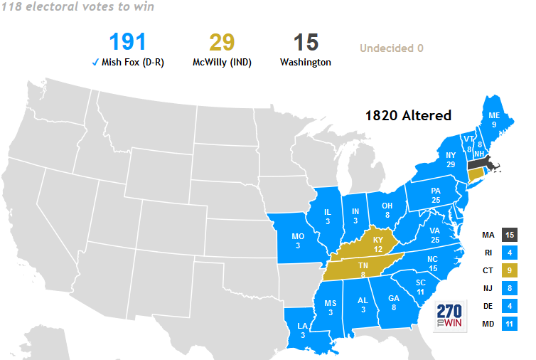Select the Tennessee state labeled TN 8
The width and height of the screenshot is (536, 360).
point(363,270)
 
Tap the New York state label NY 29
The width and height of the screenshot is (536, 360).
point(450,159)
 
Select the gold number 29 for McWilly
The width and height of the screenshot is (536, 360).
point(222,42)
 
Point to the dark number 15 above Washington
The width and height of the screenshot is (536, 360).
point(306,42)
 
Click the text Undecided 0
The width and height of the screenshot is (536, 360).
point(391,48)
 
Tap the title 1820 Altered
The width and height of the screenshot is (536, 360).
point(408,115)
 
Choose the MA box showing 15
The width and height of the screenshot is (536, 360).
point(509,235)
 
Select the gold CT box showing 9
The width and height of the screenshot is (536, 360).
point(509,270)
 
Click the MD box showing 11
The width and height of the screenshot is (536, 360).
point(509,323)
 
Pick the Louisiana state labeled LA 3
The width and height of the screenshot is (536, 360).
point(303,330)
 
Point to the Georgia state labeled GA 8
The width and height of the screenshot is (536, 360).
point(394,303)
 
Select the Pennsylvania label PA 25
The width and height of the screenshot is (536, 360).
point(436,195)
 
